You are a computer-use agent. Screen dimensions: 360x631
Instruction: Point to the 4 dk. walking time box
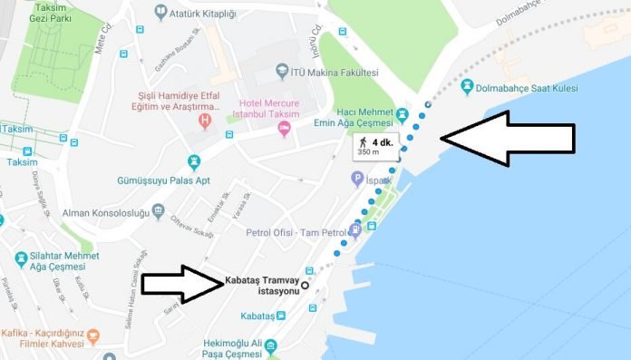[x=377, y=147]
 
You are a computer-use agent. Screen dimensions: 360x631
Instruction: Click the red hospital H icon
[x=206, y=119]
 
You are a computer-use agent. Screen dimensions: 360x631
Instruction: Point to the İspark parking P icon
[x=358, y=180]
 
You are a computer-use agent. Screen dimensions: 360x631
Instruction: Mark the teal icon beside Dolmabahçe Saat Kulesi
[x=468, y=86]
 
